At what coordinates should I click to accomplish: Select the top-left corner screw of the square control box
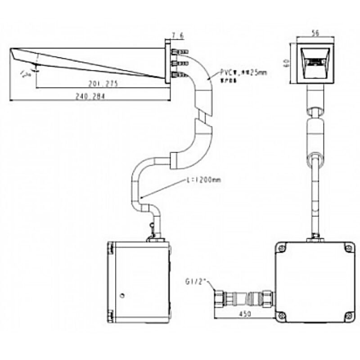[282, 247]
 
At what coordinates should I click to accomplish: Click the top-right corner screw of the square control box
[347, 247]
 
